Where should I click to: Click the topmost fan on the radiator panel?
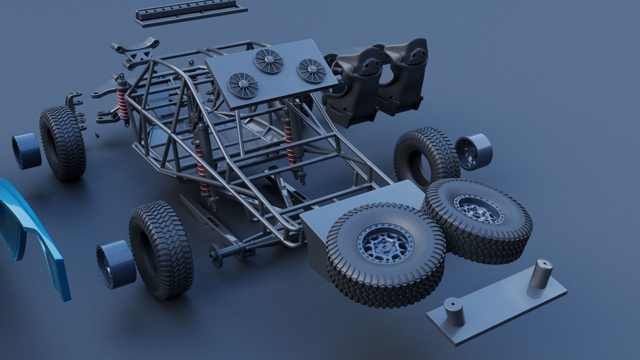click(x=269, y=61)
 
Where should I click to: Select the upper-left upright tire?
click(x=63, y=143)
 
